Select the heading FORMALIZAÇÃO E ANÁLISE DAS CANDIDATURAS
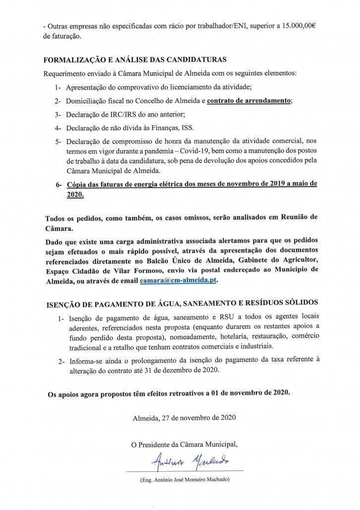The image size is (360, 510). (x=135, y=60)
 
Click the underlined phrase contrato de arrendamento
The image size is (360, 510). (x=249, y=101)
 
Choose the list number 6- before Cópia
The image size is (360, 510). (x=59, y=184)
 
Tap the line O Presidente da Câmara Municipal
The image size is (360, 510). (x=184, y=444)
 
